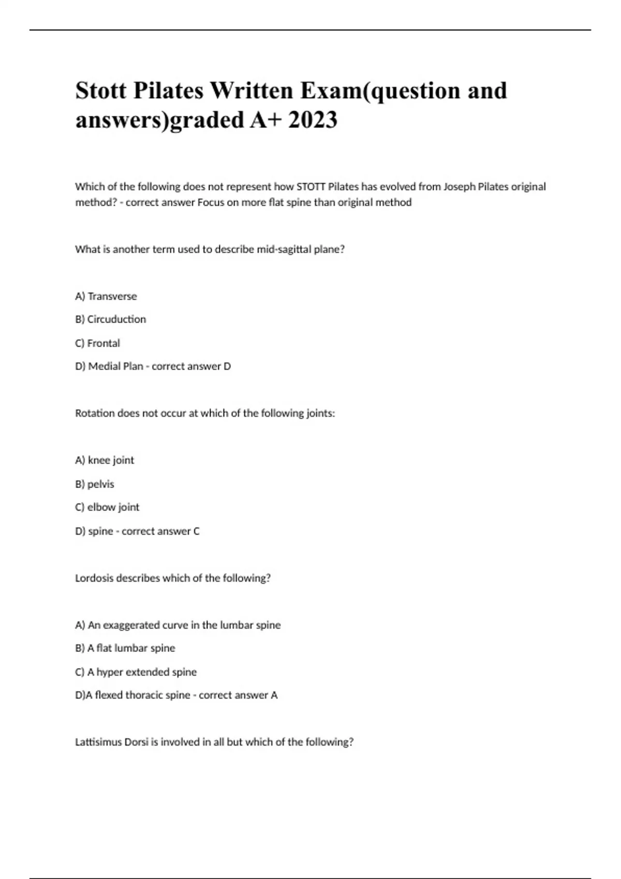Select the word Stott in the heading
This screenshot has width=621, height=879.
101,90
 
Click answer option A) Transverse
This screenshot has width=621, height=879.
106,296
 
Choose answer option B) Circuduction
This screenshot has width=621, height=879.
111,319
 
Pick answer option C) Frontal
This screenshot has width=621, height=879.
98,343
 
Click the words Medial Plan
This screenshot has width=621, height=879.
115,366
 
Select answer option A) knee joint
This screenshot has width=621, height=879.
105,460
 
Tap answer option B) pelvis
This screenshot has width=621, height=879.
95,484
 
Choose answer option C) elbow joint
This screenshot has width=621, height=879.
107,507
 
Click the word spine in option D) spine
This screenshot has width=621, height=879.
100,531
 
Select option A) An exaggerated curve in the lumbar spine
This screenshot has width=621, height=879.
178,625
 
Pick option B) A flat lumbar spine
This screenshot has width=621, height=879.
125,648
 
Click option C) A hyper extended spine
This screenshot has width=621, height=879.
136,672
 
